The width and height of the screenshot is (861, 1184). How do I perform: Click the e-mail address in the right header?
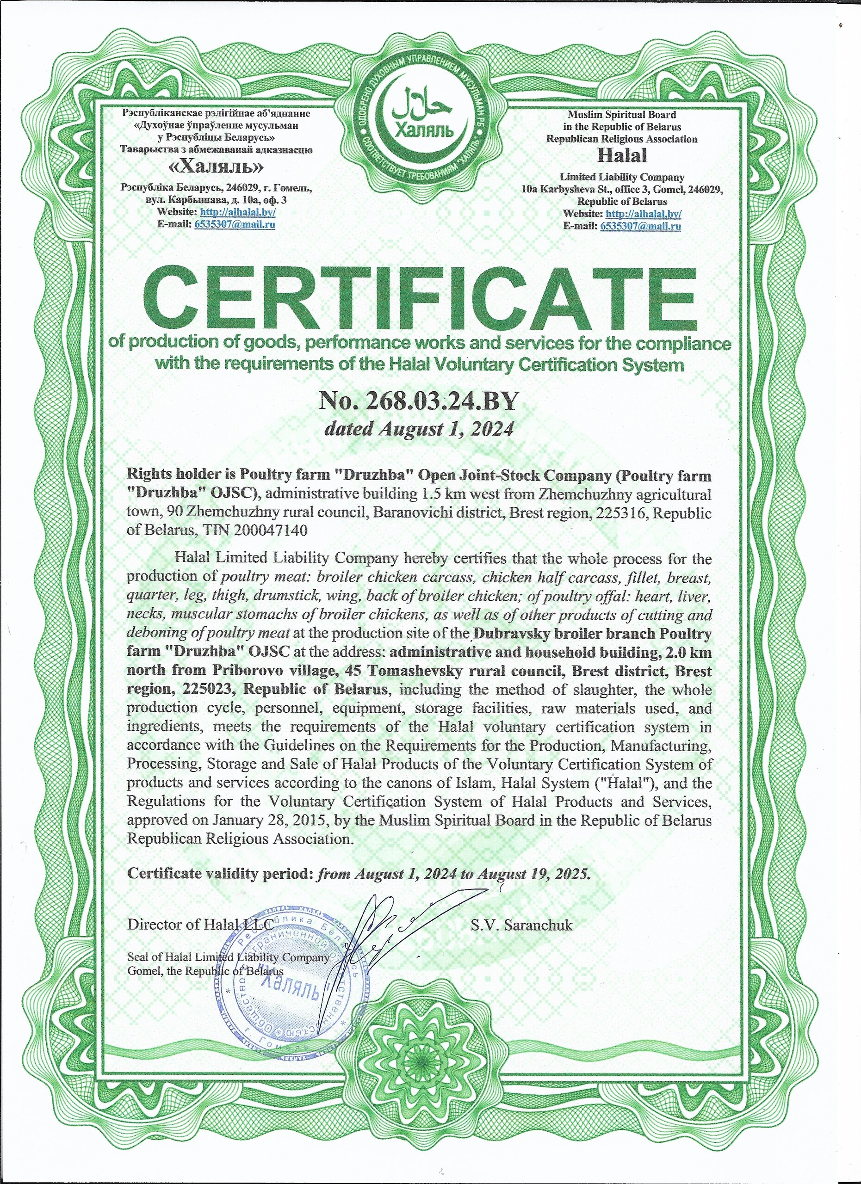[x=640, y=226]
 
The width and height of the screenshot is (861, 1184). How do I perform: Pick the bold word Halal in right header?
[x=621, y=155]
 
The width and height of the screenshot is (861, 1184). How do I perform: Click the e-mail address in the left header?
[x=235, y=224]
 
